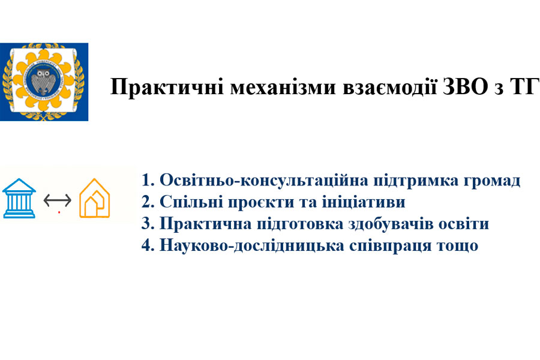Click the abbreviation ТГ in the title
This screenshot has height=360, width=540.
pos(524,86)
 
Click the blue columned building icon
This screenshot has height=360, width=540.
pos(19,198)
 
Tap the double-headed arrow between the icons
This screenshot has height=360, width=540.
pos(58,200)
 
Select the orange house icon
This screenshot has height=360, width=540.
pos(94,198)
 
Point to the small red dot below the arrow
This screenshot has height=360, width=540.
pos(59,212)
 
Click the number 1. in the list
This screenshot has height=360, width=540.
pos(148,180)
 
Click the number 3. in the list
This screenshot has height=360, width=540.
pos(148,224)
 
